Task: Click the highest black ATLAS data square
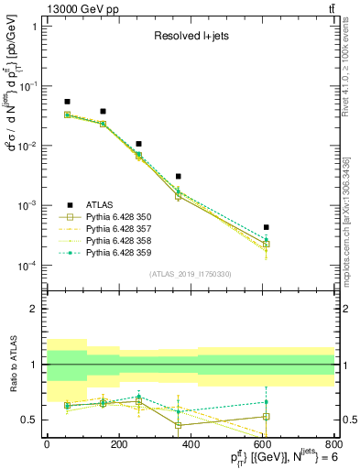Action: coord(67,102)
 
